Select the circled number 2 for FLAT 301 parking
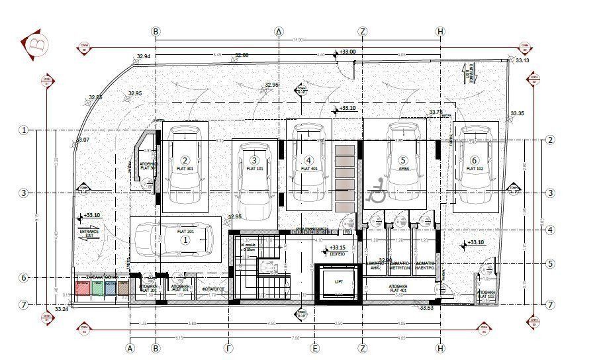point(185,160)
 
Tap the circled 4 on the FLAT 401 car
point(308,160)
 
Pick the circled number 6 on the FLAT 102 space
point(474,160)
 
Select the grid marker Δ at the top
point(279,31)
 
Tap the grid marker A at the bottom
point(130,347)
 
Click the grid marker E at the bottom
point(316,347)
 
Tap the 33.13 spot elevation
point(523,61)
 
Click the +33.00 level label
point(347,52)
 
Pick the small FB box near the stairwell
point(348,233)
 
